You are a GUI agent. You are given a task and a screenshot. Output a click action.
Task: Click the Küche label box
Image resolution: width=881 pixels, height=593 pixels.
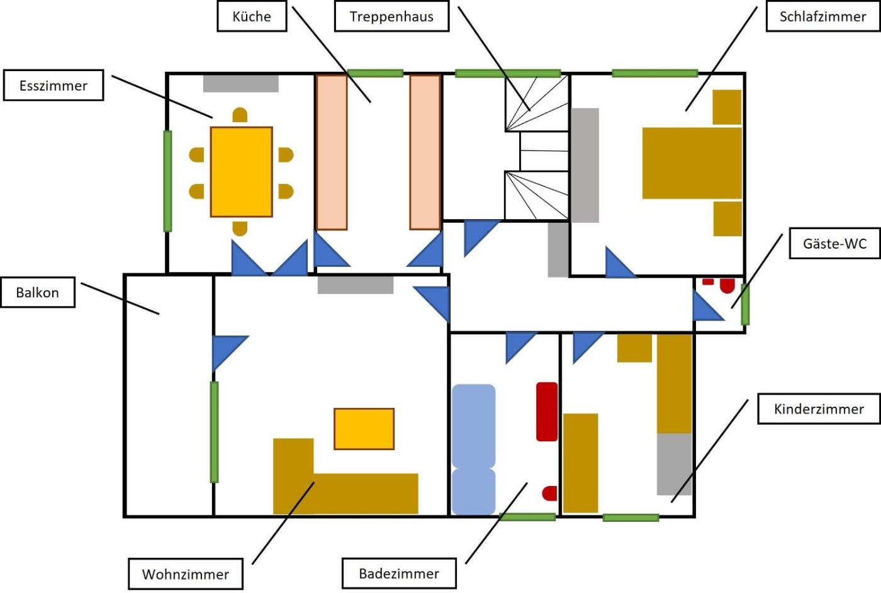click(x=252, y=16)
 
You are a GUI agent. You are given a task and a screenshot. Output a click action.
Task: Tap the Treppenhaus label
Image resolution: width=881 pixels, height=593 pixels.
click(x=391, y=16)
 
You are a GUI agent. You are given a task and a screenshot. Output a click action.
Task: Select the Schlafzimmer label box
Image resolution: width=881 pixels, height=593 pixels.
click(x=822, y=16)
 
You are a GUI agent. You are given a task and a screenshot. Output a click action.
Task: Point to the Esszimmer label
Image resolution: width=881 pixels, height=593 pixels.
click(x=53, y=86)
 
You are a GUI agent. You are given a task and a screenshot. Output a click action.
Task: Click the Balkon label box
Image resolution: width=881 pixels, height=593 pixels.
click(x=38, y=292)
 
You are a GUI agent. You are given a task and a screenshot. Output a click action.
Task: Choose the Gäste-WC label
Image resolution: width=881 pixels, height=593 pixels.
click(x=834, y=244)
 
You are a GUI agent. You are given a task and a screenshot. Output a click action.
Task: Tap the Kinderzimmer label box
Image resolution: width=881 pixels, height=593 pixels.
click(x=819, y=409)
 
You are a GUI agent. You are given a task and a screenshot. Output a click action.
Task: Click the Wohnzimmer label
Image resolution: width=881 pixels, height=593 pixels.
click(x=186, y=573)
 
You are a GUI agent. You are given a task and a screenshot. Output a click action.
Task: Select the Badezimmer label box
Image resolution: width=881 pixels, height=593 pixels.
click(x=399, y=573)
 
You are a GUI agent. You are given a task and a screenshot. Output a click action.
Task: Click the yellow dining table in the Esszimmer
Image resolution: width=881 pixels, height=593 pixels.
click(x=241, y=172)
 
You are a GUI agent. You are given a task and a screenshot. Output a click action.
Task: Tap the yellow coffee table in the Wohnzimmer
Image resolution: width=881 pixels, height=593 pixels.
click(x=364, y=429)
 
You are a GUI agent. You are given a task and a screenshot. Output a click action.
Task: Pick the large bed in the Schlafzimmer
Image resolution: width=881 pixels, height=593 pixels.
click(x=692, y=163)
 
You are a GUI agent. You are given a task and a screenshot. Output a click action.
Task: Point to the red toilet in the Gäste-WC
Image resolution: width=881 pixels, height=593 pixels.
click(x=727, y=286)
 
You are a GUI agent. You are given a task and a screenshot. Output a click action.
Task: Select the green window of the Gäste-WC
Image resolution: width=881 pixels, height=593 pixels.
click(x=745, y=305)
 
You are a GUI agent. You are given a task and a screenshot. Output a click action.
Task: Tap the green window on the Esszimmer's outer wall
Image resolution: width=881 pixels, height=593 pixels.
click(x=167, y=181)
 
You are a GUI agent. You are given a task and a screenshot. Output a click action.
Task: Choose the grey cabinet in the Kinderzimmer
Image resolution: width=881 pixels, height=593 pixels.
click(x=674, y=464)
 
